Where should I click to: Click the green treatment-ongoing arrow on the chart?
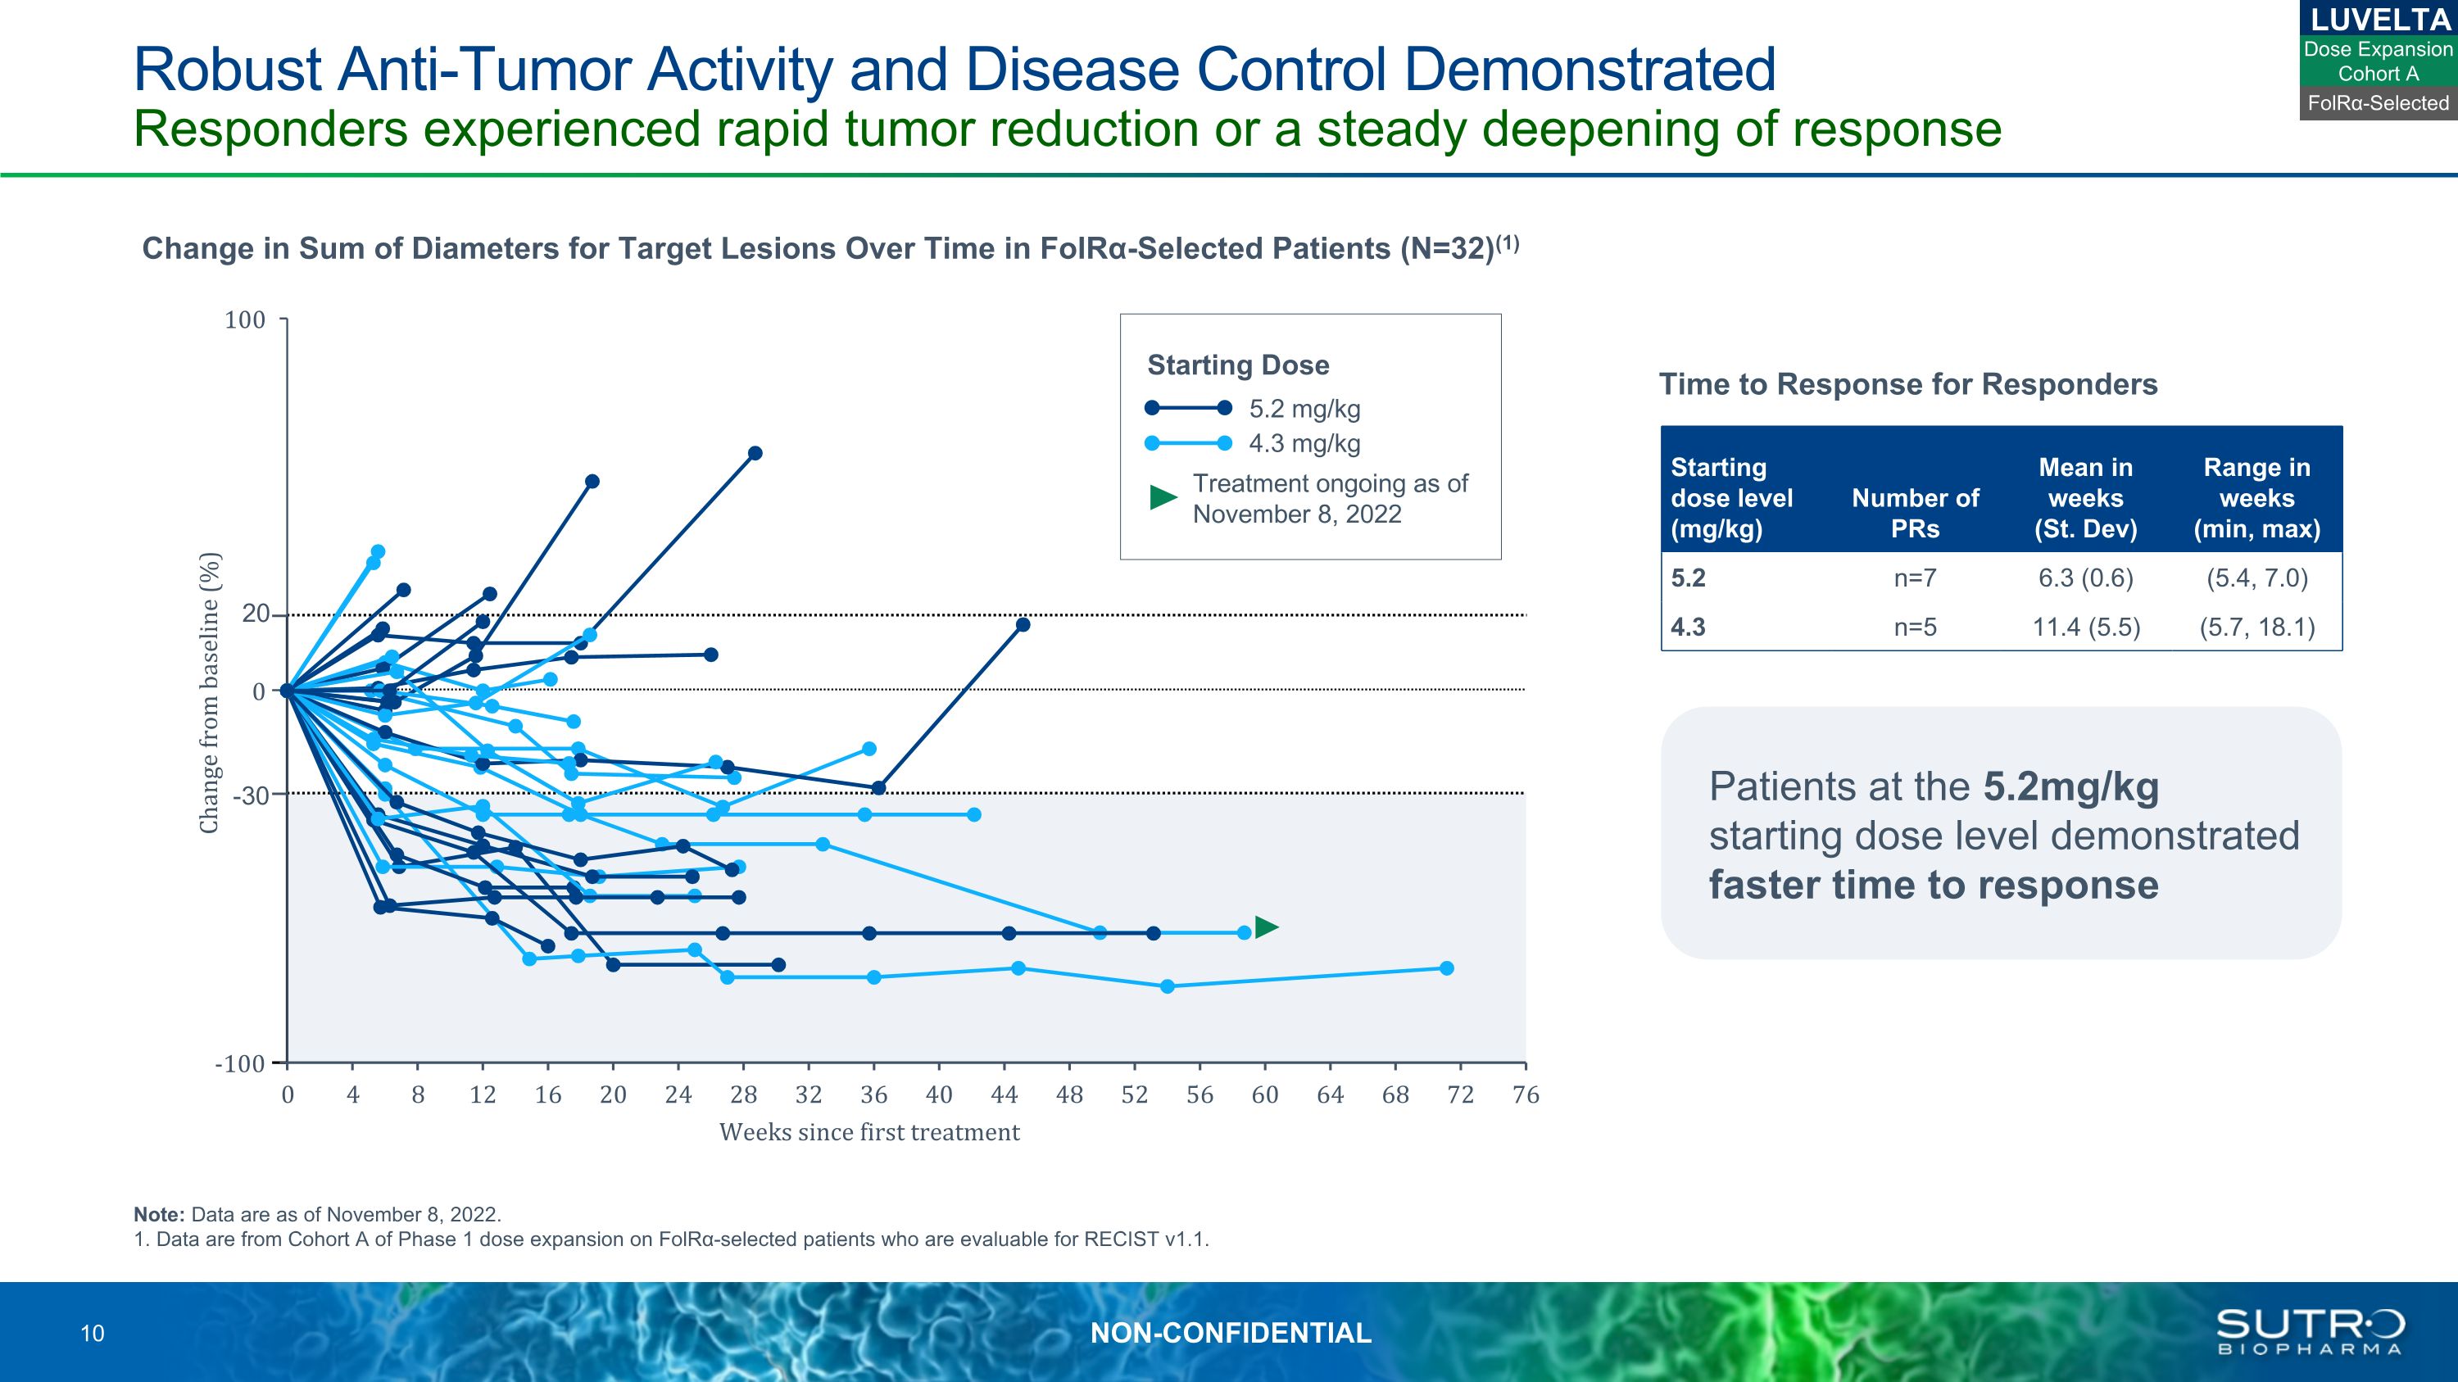pyautogui.click(x=1266, y=927)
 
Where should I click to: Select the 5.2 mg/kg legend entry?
pyautogui.click(x=1304, y=409)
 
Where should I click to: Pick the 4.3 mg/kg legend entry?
pyautogui.click(x=1304, y=443)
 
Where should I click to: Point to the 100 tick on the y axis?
pyautogui.click(x=245, y=320)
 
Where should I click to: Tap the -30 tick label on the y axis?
pyautogui.click(x=250, y=795)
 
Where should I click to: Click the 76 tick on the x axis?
pyautogui.click(x=1525, y=1095)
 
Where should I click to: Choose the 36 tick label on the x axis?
pyautogui.click(x=873, y=1095)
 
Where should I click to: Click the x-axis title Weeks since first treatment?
pyautogui.click(x=869, y=1132)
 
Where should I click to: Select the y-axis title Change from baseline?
pyautogui.click(x=209, y=692)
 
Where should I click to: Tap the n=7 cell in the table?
pyautogui.click(x=1914, y=578)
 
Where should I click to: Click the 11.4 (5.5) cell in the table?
pyautogui.click(x=2085, y=628)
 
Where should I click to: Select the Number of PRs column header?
pyautogui.click(x=1914, y=513)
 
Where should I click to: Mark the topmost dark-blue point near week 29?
pyautogui.click(x=755, y=453)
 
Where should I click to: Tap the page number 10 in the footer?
pyautogui.click(x=93, y=1334)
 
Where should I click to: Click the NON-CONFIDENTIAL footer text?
pyautogui.click(x=1230, y=1334)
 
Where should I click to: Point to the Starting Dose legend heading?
pyautogui.click(x=1237, y=365)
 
